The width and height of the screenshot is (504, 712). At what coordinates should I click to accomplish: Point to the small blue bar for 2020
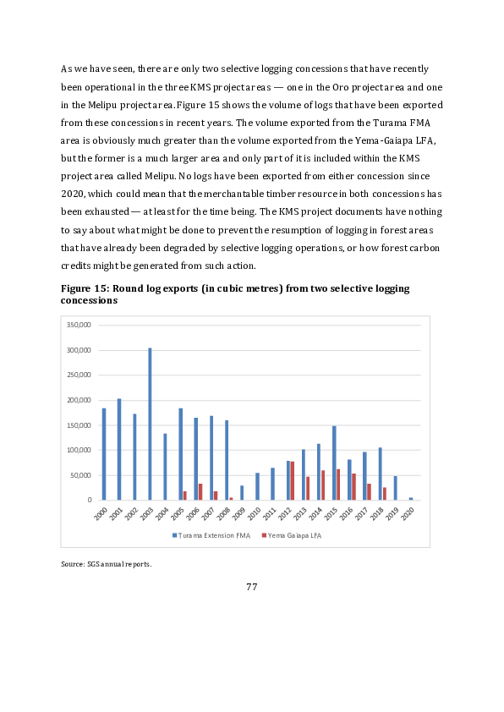click(x=411, y=499)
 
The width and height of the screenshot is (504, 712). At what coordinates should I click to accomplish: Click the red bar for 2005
click(x=185, y=496)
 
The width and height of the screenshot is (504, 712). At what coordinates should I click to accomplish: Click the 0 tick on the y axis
click(x=88, y=500)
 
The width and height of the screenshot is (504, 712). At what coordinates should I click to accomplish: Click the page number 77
click(x=251, y=587)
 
